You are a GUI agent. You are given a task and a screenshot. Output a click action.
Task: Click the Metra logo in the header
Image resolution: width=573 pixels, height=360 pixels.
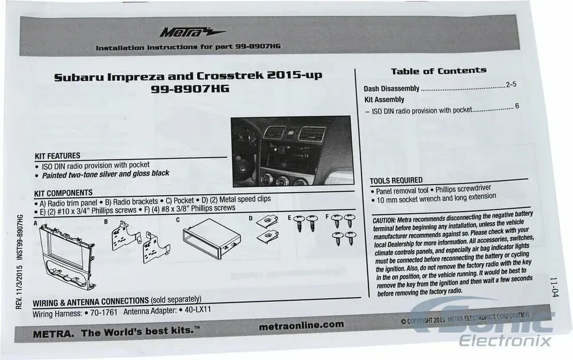tap(193, 33)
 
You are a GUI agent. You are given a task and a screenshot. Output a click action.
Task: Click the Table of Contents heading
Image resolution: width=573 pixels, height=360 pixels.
tap(438, 71)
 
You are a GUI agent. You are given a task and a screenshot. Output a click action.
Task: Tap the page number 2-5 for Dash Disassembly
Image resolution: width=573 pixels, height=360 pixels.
tap(511, 84)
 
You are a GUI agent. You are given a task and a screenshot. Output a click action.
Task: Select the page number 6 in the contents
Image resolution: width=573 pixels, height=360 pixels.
tap(517, 106)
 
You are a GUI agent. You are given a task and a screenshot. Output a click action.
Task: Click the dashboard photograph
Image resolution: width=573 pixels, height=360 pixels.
tap(292, 151)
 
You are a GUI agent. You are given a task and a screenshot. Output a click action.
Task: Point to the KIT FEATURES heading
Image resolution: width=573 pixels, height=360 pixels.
tap(57, 156)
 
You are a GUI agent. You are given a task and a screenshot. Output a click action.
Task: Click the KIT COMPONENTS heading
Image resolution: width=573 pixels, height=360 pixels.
tap(63, 193)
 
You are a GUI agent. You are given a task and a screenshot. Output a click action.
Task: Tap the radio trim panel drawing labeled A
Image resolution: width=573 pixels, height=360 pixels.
tap(67, 255)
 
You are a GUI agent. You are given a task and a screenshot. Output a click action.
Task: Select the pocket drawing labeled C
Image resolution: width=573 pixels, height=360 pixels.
tap(211, 239)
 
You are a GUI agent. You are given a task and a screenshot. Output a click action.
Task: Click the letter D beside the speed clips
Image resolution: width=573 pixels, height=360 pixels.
tap(250, 218)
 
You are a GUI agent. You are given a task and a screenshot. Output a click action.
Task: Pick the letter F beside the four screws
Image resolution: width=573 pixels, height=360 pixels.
tap(327, 217)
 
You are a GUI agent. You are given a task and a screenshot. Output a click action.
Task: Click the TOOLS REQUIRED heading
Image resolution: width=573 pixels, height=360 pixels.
tap(396, 181)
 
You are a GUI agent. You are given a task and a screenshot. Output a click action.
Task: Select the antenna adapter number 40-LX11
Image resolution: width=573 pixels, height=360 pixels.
tap(198, 310)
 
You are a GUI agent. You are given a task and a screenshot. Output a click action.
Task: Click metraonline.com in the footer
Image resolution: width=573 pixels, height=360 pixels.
tap(301, 325)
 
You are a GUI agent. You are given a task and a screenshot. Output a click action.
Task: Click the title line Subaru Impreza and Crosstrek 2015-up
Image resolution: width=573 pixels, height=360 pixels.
tap(188, 76)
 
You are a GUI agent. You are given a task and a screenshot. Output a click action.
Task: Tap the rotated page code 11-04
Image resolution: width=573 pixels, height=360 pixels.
tap(554, 287)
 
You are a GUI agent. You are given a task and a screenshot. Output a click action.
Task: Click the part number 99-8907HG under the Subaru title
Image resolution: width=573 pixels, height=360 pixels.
tap(190, 89)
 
